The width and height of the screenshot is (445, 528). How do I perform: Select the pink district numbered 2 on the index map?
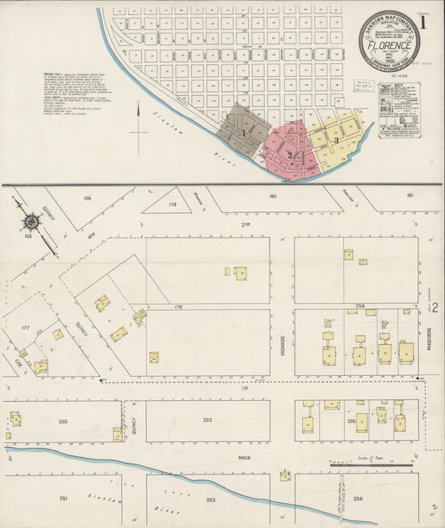tap(290, 153)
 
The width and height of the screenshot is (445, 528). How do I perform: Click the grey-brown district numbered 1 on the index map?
tap(244, 131)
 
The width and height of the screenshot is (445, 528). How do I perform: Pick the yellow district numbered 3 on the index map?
tap(336, 140)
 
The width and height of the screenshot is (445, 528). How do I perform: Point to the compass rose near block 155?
tap(33, 221)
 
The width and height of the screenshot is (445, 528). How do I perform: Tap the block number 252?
tap(207, 420)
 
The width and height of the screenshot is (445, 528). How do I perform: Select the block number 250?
tap(63, 421)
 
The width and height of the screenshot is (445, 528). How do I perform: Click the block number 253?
tap(210, 500)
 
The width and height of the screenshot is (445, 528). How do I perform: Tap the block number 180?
tap(272, 197)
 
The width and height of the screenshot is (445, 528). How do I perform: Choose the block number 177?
tap(25, 328)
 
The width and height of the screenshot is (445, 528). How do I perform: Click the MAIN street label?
tap(245, 458)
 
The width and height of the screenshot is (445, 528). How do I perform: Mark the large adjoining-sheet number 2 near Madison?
tap(435, 308)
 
